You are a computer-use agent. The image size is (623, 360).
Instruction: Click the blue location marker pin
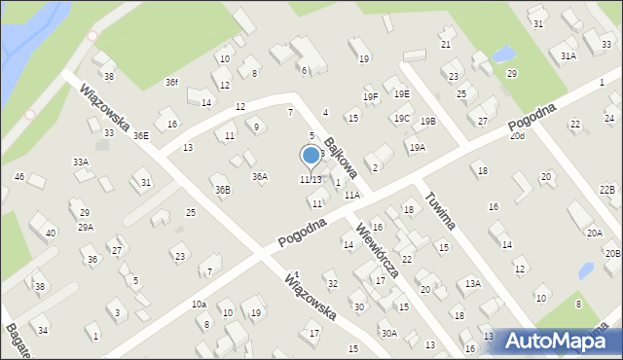[x=311, y=156]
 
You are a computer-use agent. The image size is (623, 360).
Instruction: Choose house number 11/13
[x=311, y=179]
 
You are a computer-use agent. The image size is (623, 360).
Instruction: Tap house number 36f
[x=171, y=82]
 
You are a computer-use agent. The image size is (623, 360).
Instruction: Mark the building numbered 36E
[x=141, y=135]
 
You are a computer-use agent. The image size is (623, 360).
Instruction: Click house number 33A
[x=81, y=162]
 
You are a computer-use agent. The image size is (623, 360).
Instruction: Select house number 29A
[x=86, y=227]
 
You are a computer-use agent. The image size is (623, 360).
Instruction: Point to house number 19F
[x=371, y=96]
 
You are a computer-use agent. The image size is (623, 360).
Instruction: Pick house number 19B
[x=428, y=121]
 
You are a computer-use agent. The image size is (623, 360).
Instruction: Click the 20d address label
[x=517, y=136]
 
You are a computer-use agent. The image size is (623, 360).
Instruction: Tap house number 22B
[x=607, y=189]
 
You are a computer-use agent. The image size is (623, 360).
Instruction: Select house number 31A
[x=568, y=56]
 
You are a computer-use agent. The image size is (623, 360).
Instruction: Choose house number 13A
[x=472, y=283]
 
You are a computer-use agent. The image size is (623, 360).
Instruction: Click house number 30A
[x=388, y=333]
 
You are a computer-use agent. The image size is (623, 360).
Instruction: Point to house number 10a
[x=199, y=305]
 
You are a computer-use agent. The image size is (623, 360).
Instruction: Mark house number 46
[x=19, y=176]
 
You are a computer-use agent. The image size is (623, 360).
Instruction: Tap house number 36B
[x=223, y=190]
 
